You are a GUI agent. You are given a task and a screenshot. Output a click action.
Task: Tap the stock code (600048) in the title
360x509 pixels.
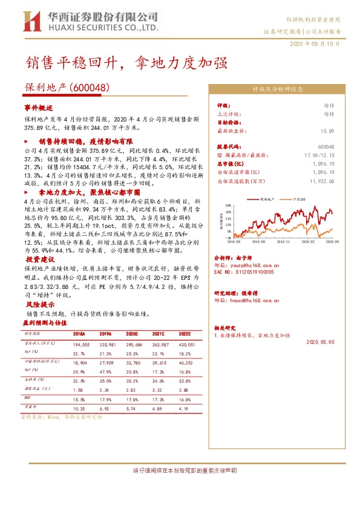pyautogui.click(x=90, y=88)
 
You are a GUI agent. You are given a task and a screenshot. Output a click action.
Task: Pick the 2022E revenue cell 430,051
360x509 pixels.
pyautogui.click(x=182, y=343)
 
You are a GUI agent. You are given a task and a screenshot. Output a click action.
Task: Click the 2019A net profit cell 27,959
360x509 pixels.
pyautogui.click(x=105, y=361)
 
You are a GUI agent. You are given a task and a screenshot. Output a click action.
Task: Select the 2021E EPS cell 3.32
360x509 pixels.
pyautogui.click(x=158, y=391)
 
